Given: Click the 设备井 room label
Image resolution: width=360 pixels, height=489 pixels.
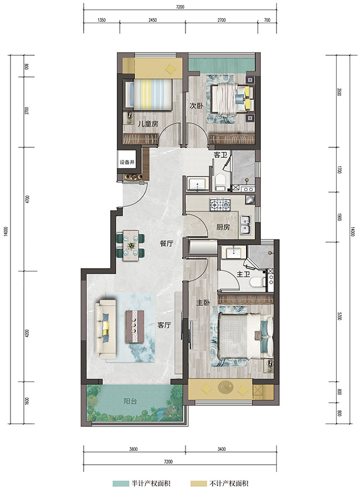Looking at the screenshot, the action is coord(127,162).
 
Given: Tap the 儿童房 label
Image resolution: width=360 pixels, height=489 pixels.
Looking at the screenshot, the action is coord(148,124).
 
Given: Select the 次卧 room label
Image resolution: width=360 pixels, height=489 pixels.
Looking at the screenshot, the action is coord(196,106).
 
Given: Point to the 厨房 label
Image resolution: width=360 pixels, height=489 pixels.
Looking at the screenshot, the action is coord(223,227).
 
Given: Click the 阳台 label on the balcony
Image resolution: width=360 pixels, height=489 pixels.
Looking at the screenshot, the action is coord(130,401).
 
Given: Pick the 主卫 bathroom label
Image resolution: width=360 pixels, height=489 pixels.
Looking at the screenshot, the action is coord(243,275).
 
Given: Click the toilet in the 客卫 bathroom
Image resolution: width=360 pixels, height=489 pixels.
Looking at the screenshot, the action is coord(220,182).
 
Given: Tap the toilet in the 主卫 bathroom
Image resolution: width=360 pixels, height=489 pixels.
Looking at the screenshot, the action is coord(258,282).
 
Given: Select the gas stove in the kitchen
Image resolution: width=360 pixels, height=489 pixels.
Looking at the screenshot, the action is coord(220,204).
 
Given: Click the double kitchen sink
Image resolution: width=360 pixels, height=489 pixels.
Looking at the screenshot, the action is coord(245,225).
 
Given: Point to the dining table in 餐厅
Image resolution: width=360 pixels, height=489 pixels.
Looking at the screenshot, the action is coord(131,245).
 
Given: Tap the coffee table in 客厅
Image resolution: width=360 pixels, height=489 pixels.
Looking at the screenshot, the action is coord(135,326).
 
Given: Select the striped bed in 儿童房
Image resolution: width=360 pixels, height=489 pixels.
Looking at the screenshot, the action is coord(149,94).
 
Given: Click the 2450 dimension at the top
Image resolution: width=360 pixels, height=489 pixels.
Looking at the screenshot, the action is coord(152,20).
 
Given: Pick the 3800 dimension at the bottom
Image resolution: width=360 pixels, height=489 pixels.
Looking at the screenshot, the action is coord(133,449).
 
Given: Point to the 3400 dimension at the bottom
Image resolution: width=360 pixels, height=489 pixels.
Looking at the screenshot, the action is coord(221,449).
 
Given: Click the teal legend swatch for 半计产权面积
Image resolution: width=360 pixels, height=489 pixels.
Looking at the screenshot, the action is coord(121,483).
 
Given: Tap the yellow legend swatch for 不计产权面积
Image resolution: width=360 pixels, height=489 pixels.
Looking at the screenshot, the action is coord(199,483).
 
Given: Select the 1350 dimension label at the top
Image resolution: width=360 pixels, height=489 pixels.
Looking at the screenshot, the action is coord(102,20).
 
